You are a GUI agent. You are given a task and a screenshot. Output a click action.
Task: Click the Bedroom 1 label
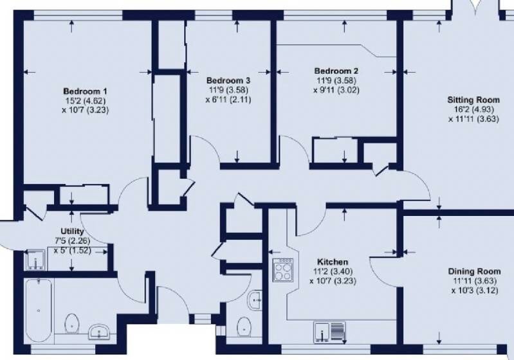point(85,91)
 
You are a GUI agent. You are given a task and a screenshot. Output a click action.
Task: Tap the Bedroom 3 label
point(228,80)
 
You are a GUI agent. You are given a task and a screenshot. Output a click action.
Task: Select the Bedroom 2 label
point(336,71)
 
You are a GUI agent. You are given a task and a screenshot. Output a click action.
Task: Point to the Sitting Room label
point(473,100)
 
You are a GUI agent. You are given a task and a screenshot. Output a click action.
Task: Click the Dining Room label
point(474,271)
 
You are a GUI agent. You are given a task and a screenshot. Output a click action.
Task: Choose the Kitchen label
point(333,262)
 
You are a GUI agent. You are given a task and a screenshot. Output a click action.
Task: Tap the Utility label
point(72,231)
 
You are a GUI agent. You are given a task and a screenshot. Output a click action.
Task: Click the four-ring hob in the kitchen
point(283,269)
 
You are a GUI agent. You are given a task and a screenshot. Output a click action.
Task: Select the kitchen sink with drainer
point(330,332)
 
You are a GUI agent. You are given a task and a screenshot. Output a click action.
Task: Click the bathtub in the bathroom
point(39,310)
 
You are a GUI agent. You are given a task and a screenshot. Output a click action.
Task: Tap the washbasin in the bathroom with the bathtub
point(100,332)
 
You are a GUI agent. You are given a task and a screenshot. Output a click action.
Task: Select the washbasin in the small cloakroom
point(255,300)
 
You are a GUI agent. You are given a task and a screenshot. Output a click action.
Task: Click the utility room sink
point(35,260)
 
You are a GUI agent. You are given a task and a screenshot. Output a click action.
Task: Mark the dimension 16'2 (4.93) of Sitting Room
point(473,109)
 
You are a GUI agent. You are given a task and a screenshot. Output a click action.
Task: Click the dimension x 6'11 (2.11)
point(228,99)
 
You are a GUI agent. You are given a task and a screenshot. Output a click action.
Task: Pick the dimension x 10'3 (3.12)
point(474,290)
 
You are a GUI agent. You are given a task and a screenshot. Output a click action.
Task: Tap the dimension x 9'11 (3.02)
point(336,90)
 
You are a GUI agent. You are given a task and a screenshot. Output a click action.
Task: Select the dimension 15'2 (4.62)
point(85,100)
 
